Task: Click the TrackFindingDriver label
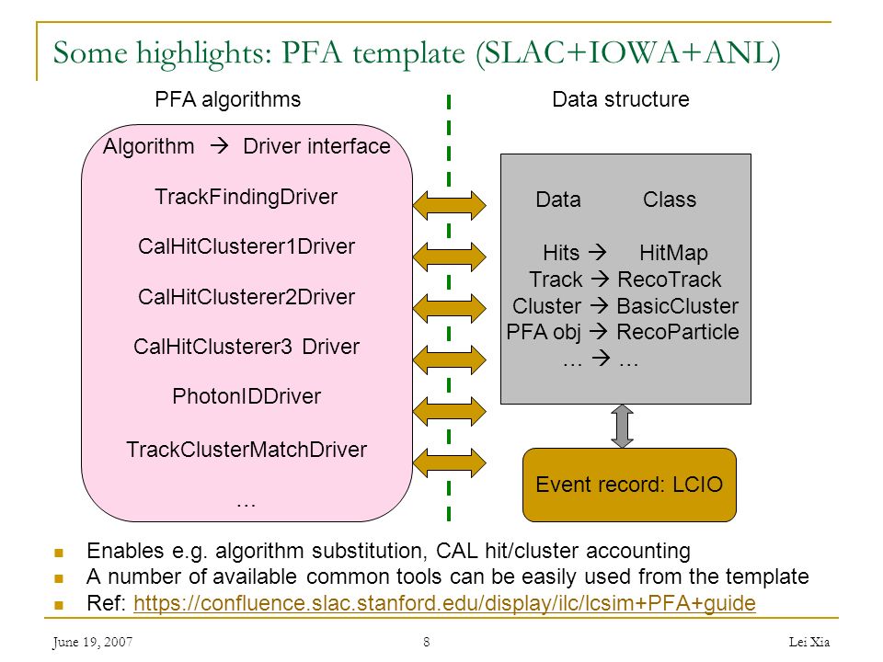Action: point(247,197)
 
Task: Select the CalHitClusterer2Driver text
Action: point(247,297)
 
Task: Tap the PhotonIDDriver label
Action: point(247,396)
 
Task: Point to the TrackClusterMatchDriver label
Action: point(247,450)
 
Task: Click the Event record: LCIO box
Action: point(629,485)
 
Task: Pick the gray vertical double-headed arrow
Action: point(623,426)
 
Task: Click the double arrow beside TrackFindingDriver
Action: point(450,205)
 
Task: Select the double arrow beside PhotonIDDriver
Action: point(450,412)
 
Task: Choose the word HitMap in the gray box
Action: point(673,253)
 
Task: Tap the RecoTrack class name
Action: point(669,280)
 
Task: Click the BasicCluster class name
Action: point(678,305)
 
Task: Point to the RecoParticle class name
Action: point(678,332)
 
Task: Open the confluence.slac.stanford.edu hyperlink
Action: point(444,603)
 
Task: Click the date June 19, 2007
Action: point(93,642)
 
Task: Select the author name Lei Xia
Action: point(809,642)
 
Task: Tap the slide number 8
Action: point(427,642)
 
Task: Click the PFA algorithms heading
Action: point(227,99)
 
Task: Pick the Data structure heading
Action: point(621,99)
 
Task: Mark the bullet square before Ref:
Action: point(59,605)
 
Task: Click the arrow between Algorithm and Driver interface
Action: point(219,146)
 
